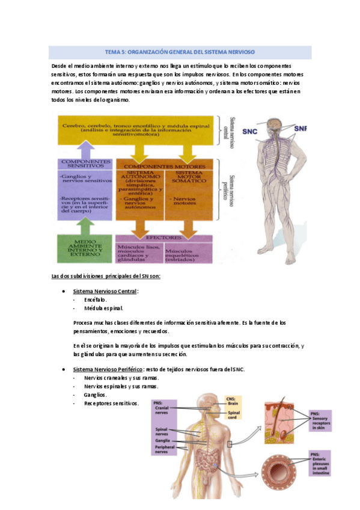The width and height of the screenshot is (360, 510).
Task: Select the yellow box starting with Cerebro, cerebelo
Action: (x=135, y=128)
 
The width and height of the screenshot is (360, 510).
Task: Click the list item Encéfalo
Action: (x=95, y=300)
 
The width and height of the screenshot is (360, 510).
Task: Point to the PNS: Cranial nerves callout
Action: (x=164, y=409)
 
